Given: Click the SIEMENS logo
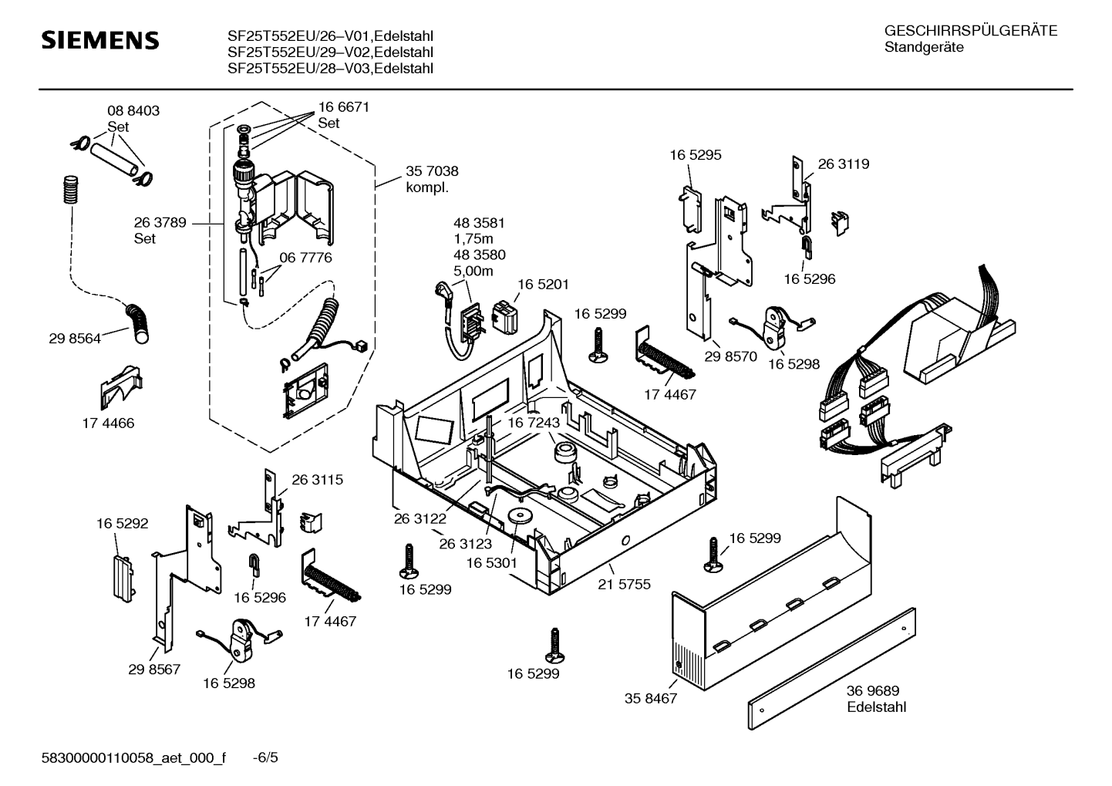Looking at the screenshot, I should pyautogui.click(x=99, y=40).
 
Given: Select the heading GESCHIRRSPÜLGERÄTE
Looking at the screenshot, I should pyautogui.click(x=970, y=32).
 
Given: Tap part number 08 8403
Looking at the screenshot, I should pyautogui.click(x=133, y=111).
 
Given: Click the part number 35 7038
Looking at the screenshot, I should pyautogui.click(x=432, y=171).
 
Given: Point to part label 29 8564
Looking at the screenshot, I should pyautogui.click(x=75, y=339).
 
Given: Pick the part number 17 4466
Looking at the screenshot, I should pyautogui.click(x=108, y=423).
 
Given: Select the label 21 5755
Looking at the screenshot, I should pyautogui.click(x=624, y=585).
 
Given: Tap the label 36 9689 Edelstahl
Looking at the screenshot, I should pyautogui.click(x=876, y=699).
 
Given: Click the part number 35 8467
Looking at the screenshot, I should pyautogui.click(x=650, y=699).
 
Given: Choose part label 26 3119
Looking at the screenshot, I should pyautogui.click(x=843, y=164).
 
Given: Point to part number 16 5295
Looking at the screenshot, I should pyautogui.click(x=695, y=155).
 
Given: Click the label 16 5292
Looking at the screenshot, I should pyautogui.click(x=122, y=524).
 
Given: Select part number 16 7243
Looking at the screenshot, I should pyautogui.click(x=533, y=423).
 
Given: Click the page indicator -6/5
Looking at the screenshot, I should pyautogui.click(x=265, y=758).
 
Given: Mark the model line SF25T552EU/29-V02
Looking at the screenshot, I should pyautogui.click(x=329, y=52).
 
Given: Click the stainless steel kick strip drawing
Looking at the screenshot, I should pyautogui.click(x=831, y=667).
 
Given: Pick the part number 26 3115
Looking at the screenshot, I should pyautogui.click(x=317, y=480).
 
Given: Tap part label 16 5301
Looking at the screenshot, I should pyautogui.click(x=491, y=564).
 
